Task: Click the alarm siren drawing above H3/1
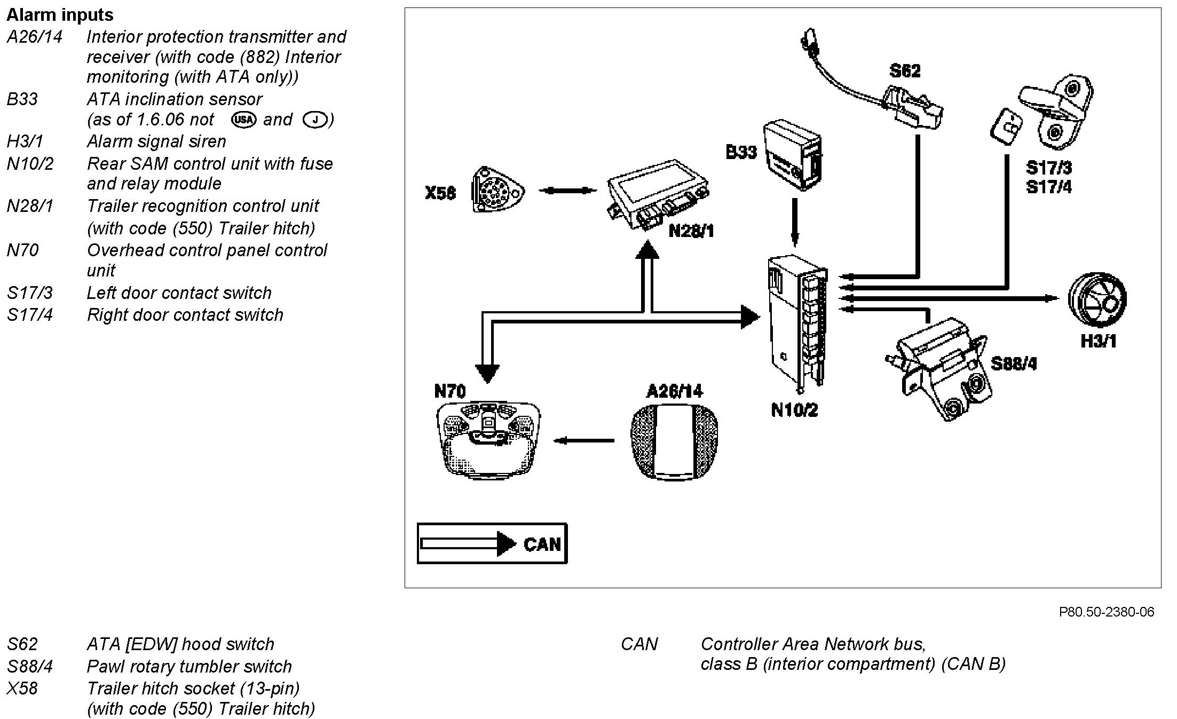pyautogui.click(x=1097, y=299)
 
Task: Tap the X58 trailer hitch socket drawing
pyautogui.click(x=498, y=190)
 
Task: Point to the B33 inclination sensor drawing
pyautogui.click(x=792, y=155)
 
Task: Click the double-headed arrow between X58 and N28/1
pyautogui.click(x=567, y=190)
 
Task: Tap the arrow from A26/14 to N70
pyautogui.click(x=584, y=440)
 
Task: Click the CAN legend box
pyautogui.click(x=492, y=543)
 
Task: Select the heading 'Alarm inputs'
pyautogui.click(x=60, y=14)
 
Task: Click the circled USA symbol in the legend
pyautogui.click(x=243, y=119)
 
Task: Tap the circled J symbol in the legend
pyautogui.click(x=314, y=119)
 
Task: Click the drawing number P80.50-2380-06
pyautogui.click(x=1107, y=612)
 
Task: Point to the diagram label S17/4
pyautogui.click(x=1048, y=187)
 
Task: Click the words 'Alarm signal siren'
pyautogui.click(x=156, y=141)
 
